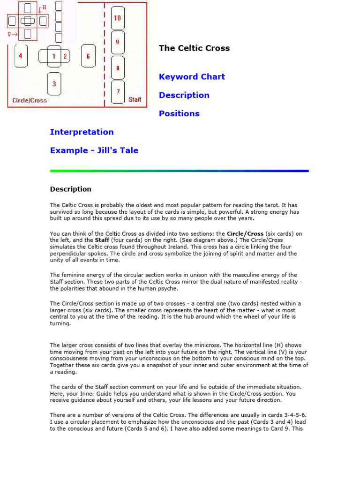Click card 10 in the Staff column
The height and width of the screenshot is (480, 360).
click(x=117, y=18)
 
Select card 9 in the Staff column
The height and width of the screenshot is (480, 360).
click(x=117, y=42)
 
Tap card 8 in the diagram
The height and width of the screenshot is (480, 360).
click(x=117, y=67)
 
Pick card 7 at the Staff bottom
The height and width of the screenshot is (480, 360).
click(x=118, y=91)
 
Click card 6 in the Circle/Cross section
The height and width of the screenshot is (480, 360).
click(x=88, y=56)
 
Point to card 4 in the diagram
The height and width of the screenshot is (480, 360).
click(x=21, y=56)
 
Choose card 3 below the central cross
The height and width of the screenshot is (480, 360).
click(x=54, y=84)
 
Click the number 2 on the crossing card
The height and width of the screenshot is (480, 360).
click(x=65, y=56)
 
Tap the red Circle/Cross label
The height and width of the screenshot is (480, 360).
click(x=30, y=100)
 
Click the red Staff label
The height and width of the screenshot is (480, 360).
click(x=135, y=99)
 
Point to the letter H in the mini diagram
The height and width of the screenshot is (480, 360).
click(x=44, y=7)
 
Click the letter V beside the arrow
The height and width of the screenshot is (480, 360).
click(x=9, y=34)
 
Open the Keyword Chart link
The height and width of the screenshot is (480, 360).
click(x=192, y=76)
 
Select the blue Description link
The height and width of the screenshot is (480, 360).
click(x=184, y=95)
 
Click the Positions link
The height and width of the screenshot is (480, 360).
click(x=179, y=113)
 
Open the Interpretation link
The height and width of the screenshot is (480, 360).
click(x=82, y=132)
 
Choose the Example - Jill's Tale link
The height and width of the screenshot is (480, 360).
click(x=94, y=150)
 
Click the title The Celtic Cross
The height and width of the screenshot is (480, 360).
click(x=194, y=48)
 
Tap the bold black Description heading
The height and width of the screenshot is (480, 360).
click(x=70, y=189)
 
